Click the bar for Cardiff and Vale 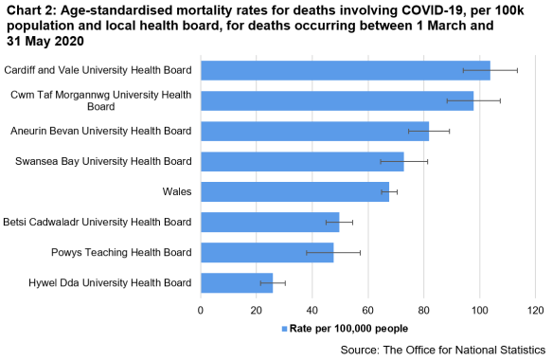coord(345,70)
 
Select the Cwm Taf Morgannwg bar coord(336,100)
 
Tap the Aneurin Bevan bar coord(314,131)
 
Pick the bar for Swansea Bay coord(302,161)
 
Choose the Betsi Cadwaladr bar coord(270,222)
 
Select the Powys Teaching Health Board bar coord(267,252)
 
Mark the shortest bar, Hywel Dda coord(237,282)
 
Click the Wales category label coord(177,191)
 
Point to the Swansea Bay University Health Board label coord(103,161)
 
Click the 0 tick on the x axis coord(201,310)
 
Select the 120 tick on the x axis coord(535,310)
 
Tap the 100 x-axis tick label coord(479,310)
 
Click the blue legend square coord(283,329)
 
